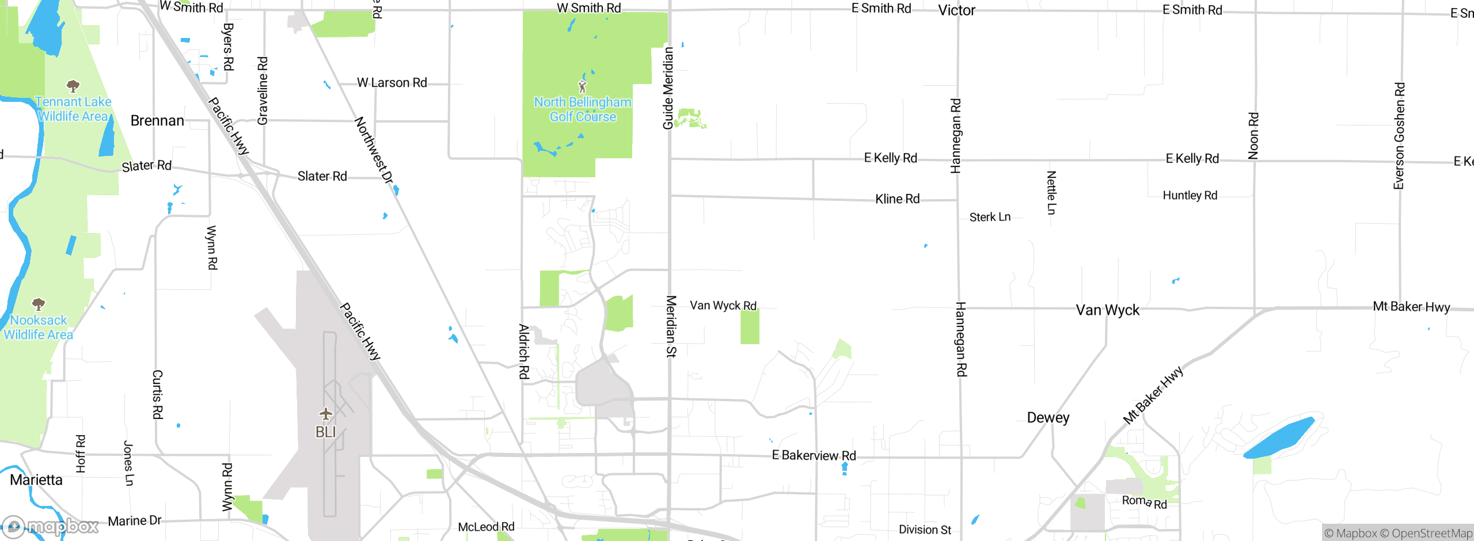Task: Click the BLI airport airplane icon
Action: coord(326,414)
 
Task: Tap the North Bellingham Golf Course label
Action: coord(583,109)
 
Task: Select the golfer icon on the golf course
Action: coord(582,87)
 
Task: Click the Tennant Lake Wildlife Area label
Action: coord(73,109)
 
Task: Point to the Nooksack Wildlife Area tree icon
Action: coord(39,304)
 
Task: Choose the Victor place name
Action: coord(956,10)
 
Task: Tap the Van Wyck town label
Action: coord(1107,310)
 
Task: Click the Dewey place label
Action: coord(1048,418)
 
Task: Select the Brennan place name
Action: coord(157,121)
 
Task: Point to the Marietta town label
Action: coord(36,480)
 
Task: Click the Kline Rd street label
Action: coord(897,199)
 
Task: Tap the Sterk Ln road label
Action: coord(990,217)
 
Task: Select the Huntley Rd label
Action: coord(1190,196)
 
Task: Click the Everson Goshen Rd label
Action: coord(1399,136)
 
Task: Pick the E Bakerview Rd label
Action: coord(814,456)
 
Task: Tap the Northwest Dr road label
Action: coord(374,150)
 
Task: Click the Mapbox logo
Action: coord(51,526)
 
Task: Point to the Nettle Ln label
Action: coord(1051,192)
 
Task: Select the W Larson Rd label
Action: coord(392,83)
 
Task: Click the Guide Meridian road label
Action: coord(668,88)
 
